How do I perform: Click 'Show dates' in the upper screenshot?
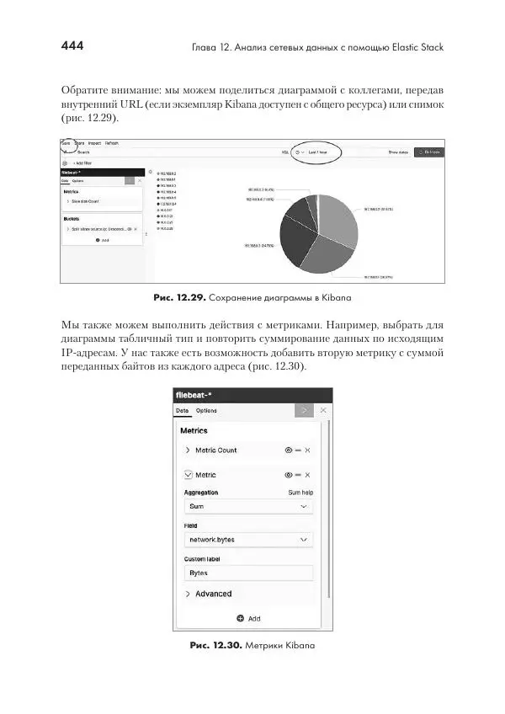398,152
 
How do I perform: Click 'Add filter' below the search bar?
82,162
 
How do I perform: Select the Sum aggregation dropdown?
248,506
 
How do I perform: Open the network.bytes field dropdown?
248,539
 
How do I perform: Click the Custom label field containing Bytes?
248,573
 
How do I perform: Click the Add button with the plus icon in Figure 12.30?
248,618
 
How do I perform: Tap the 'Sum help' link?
300,492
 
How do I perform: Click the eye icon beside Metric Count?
289,450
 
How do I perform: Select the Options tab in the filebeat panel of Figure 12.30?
206,410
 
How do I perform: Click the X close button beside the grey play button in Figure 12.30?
322,410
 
